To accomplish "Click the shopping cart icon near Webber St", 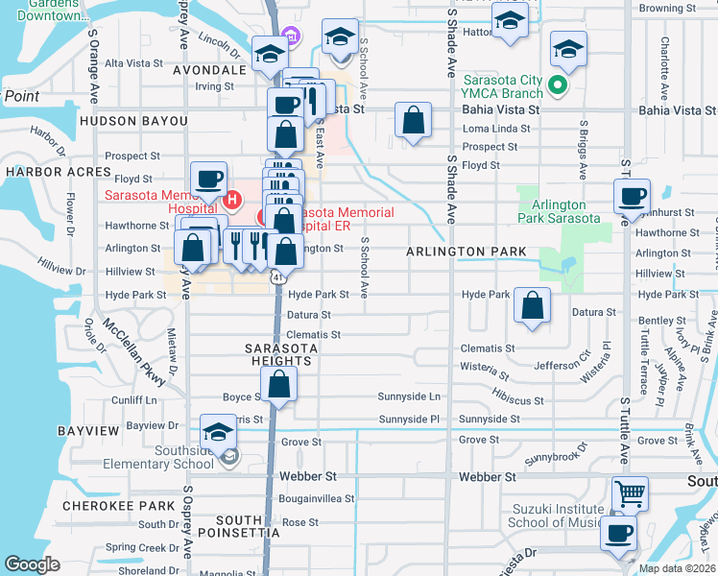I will point(630,495).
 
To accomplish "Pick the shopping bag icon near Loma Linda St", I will point(413,121).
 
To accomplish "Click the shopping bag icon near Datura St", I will point(532,305).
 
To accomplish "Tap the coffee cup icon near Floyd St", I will point(208,179).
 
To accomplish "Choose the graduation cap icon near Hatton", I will point(510,21).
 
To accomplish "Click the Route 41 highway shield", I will point(276,276).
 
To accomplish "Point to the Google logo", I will point(32,564).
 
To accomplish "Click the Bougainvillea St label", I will point(317,499).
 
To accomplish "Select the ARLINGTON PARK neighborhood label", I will point(466,252).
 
